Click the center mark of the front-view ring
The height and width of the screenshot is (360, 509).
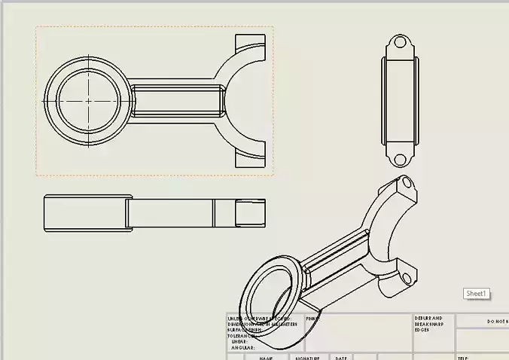tap(88, 100)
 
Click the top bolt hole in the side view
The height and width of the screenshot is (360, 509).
tap(400, 42)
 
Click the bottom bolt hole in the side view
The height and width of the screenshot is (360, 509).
tap(400, 158)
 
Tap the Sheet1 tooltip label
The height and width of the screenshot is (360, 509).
tap(477, 294)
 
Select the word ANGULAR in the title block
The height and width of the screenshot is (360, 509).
tap(244, 348)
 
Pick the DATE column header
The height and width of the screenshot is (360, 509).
tap(341, 358)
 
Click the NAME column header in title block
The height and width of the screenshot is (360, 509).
tap(266, 358)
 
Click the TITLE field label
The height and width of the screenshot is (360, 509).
tap(463, 358)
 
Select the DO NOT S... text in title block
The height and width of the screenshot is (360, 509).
tap(497, 322)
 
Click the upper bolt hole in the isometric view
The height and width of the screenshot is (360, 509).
tap(407, 182)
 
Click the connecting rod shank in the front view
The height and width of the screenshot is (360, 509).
tap(176, 100)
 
